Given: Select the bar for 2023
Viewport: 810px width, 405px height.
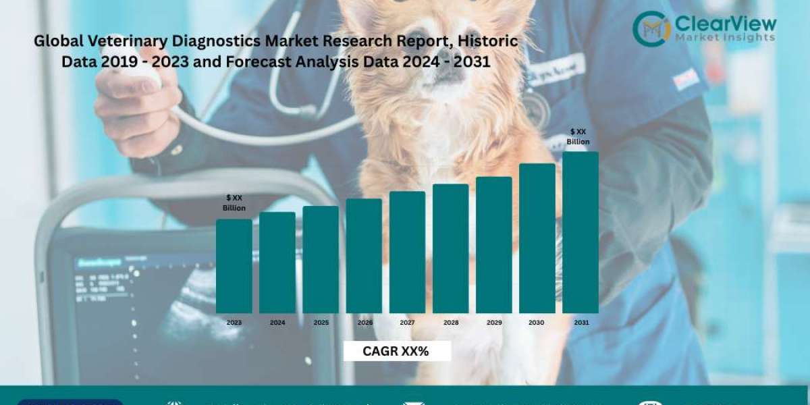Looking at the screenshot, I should (234, 266).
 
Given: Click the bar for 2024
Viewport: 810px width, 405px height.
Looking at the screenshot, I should (277, 263).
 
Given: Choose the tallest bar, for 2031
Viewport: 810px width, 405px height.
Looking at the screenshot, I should (580, 232).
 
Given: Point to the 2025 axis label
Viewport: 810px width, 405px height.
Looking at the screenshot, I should (321, 323).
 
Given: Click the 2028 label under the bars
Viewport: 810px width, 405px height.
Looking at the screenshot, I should (451, 323).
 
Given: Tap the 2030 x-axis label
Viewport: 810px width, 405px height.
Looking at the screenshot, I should (537, 323).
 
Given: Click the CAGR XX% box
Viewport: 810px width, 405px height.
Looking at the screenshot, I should (396, 351).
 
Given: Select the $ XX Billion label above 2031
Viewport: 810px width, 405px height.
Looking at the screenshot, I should (578, 137).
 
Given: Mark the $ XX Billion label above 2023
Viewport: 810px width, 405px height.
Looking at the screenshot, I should (234, 202).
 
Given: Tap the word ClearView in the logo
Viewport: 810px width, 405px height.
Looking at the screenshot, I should (726, 24).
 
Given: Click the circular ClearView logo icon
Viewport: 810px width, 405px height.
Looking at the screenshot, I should (651, 29).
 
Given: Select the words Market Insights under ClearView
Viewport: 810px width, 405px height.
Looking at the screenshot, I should (725, 38).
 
